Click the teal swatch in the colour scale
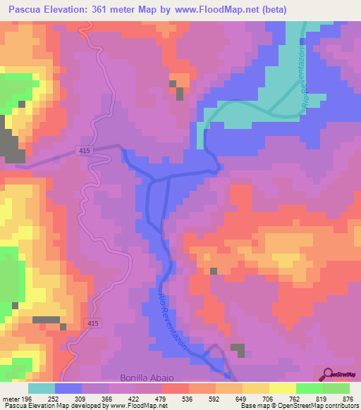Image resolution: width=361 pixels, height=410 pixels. (x=42, y=388)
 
